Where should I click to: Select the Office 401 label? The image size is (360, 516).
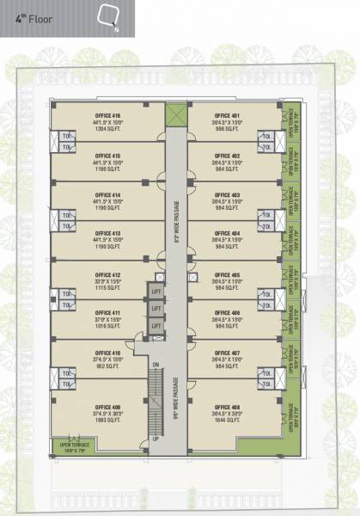230,115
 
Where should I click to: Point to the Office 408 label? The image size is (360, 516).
230,405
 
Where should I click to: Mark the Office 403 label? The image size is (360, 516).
230,194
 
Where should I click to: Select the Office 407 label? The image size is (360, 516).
230,353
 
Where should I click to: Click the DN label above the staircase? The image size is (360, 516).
156,366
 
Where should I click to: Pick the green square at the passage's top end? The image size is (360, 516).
175,114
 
